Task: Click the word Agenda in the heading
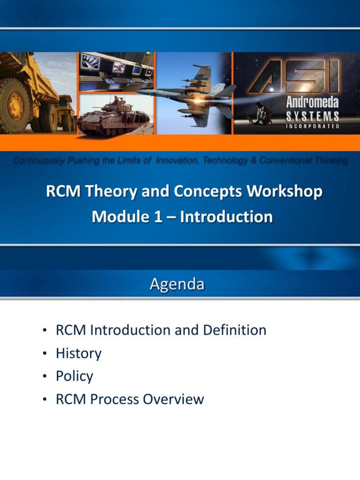tap(177, 285)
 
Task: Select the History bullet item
tap(78, 353)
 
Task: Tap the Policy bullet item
tap(74, 376)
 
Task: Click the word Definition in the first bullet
tap(234, 330)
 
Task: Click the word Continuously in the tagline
tap(39, 161)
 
